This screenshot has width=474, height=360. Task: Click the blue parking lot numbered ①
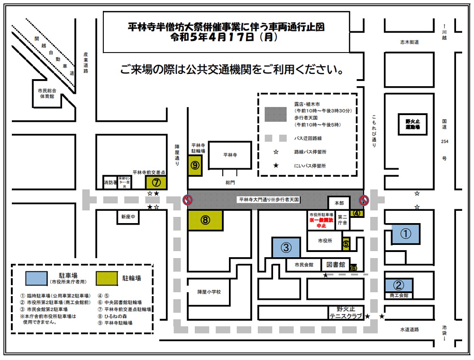coord(405,234)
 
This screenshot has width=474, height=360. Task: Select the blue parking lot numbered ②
coord(399,285)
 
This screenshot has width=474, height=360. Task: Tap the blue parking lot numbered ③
coord(286,247)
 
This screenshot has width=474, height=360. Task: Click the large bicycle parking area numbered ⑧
coord(205,220)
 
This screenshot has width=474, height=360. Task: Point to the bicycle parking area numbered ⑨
coord(195,165)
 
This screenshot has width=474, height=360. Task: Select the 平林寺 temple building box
coord(229,155)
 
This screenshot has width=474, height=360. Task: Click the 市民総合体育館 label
coord(47,93)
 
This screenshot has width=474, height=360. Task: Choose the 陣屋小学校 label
coord(210,292)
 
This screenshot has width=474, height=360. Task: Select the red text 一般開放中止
coord(320,223)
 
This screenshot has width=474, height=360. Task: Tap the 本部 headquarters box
coord(337,203)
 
